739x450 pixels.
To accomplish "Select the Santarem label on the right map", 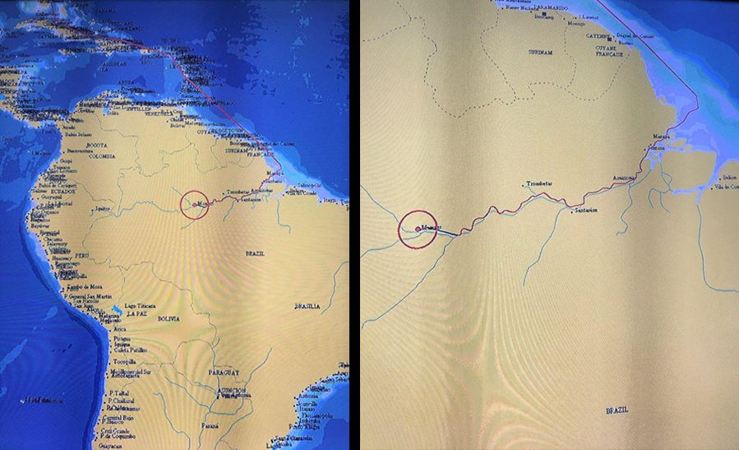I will (x=586, y=211).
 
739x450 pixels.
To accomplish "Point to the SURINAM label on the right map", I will (x=539, y=51).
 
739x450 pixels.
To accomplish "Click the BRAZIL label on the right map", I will (x=617, y=409).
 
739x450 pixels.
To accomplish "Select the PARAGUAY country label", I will (x=224, y=370).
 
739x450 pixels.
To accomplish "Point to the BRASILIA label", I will (x=311, y=305).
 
